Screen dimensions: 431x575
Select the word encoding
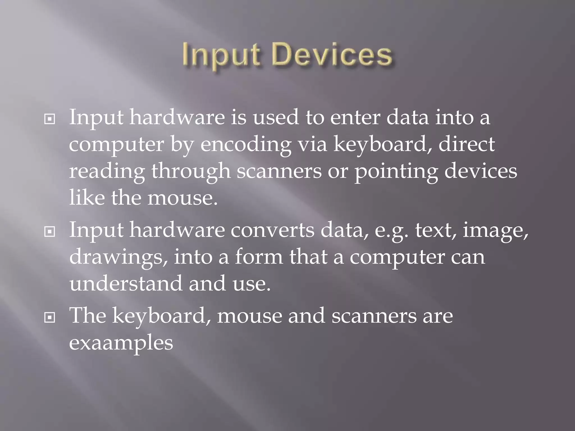coord(245,145)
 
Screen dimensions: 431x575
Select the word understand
coord(126,283)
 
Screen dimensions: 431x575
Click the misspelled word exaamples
coord(121,343)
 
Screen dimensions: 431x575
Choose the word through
coord(191,172)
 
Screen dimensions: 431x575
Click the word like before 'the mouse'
coord(87,198)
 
